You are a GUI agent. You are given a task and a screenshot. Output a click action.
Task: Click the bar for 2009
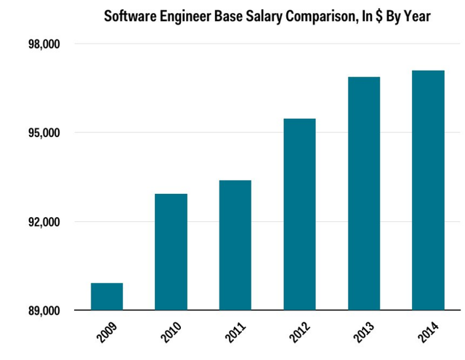107,297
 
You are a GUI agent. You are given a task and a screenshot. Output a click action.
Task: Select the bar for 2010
171,252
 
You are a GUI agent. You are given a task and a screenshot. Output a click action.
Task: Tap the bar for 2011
235,245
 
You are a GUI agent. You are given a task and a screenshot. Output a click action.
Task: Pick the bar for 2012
299,214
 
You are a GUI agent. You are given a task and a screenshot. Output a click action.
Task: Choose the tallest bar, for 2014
428,190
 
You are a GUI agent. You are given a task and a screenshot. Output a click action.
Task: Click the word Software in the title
132,15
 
